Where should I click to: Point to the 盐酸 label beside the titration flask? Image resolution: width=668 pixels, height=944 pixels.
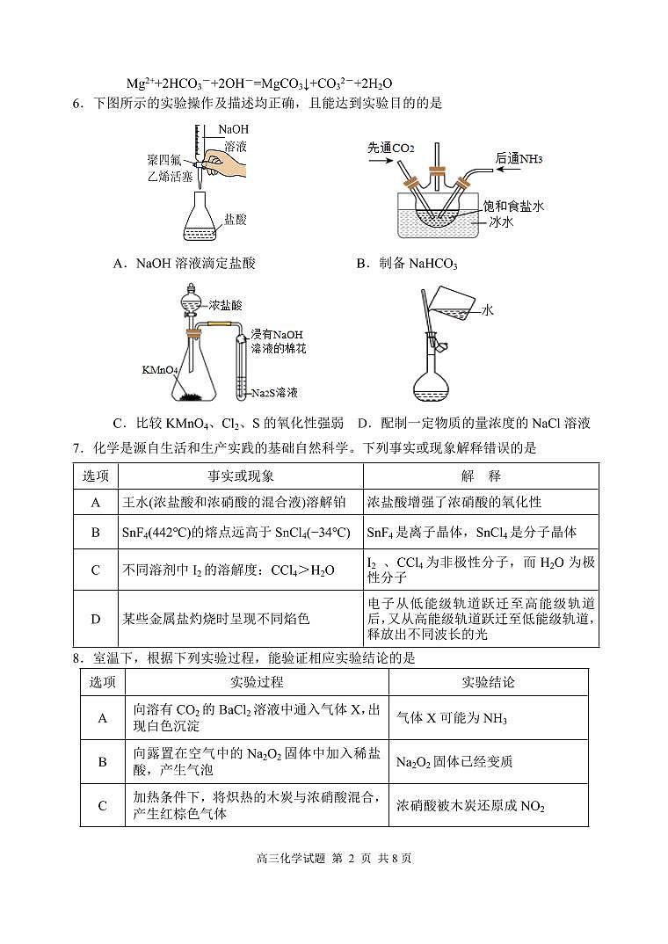click(x=235, y=219)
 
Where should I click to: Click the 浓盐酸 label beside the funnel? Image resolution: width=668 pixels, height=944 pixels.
click(x=225, y=305)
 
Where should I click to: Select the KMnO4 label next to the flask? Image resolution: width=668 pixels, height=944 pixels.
click(x=160, y=370)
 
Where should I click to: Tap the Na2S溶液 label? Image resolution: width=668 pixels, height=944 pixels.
click(x=274, y=393)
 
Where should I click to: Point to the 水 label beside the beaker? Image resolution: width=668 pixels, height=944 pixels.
click(x=488, y=310)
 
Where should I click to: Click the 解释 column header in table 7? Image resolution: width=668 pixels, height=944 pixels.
click(x=481, y=476)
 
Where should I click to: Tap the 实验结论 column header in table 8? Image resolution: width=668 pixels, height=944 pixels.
click(x=488, y=682)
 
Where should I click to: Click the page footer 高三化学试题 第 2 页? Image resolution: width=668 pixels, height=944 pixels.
click(x=333, y=859)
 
